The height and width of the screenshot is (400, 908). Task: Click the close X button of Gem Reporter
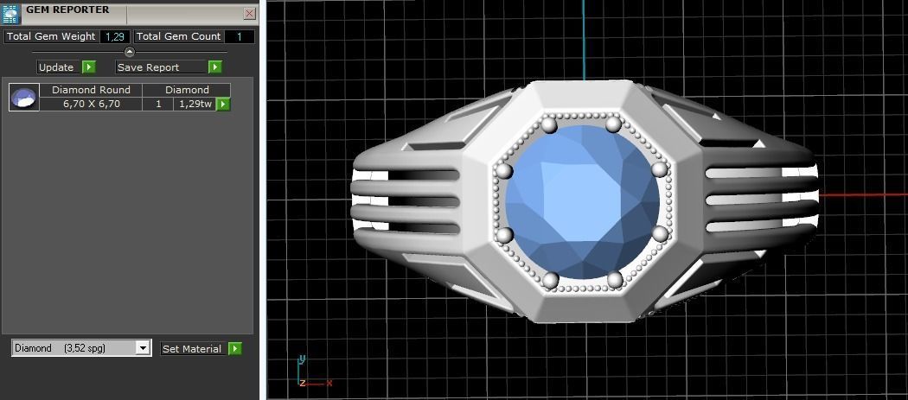250,14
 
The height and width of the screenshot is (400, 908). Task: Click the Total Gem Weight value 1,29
115,37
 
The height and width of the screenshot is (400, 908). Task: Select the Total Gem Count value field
240,37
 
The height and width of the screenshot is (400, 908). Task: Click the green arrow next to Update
89,67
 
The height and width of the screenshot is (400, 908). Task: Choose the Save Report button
161,67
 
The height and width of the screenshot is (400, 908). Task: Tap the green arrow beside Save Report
215,67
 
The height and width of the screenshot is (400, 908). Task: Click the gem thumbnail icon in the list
23,97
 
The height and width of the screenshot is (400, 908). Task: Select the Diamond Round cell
91,90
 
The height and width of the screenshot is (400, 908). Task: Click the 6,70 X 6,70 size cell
91,104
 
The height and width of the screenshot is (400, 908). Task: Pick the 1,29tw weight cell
194,104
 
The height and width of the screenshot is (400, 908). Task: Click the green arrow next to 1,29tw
223,104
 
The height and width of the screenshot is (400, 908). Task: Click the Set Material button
192,349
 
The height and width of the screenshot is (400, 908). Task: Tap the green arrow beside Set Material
234,349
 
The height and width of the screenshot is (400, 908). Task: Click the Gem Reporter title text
67,10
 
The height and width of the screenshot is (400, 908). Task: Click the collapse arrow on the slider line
130,52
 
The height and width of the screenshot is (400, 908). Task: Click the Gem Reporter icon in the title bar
11,13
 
